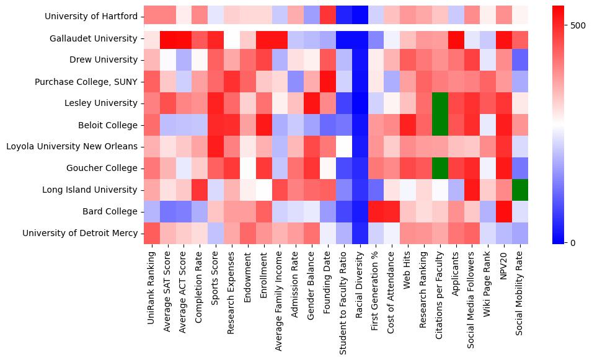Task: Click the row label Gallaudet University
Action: (x=94, y=38)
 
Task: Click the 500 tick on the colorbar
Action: (x=578, y=25)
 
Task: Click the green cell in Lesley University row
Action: (x=440, y=103)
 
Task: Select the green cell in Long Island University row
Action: (x=520, y=190)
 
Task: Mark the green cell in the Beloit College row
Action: (x=440, y=125)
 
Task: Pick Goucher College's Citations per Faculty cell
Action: (x=440, y=168)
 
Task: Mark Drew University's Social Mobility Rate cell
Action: (x=520, y=60)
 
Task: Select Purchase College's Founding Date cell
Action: (x=327, y=82)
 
